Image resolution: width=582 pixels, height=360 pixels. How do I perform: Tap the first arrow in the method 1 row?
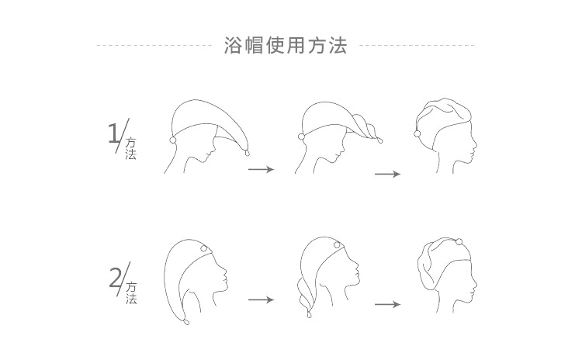pos(261,168)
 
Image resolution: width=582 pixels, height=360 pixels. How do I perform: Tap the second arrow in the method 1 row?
pos(387,173)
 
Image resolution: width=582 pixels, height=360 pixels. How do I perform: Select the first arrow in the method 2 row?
pos(261,299)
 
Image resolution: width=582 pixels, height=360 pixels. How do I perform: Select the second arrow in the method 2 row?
pos(387,304)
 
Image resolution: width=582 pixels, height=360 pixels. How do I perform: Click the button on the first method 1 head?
pos(171,140)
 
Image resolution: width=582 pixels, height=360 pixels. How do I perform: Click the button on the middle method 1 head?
pos(301,137)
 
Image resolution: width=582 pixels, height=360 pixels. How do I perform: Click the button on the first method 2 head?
pos(204,249)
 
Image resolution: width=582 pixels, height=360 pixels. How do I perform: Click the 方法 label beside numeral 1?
pos(131,149)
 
